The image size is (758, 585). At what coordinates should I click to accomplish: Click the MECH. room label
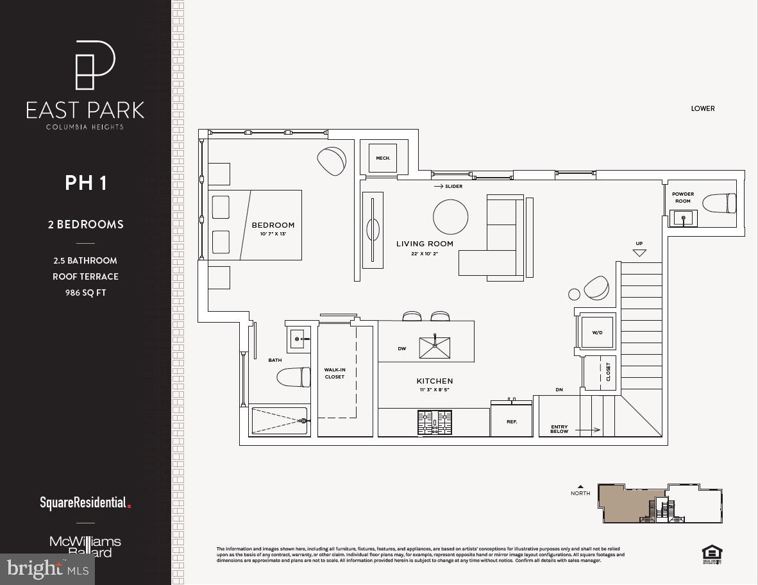pyautogui.click(x=383, y=158)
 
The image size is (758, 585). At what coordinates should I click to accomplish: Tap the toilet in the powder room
pyautogui.click(x=720, y=203)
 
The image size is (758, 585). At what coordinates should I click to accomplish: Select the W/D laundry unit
pyautogui.click(x=596, y=332)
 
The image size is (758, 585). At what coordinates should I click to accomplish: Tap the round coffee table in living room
pyautogui.click(x=450, y=217)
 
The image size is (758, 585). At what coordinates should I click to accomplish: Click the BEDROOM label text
pyautogui.click(x=273, y=225)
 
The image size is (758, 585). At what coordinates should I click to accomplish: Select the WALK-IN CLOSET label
pyautogui.click(x=334, y=373)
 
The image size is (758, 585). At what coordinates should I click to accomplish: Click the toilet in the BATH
pyautogui.click(x=294, y=377)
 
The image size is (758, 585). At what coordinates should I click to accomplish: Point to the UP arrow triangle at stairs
pyautogui.click(x=639, y=253)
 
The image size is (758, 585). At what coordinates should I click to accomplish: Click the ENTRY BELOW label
pyautogui.click(x=559, y=429)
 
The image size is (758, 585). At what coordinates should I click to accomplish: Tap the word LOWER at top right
pyautogui.click(x=702, y=108)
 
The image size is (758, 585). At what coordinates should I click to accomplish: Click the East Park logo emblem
pyautogui.click(x=95, y=65)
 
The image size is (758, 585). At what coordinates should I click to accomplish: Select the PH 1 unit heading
pyautogui.click(x=85, y=183)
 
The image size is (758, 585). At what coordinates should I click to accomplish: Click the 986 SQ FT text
pyautogui.click(x=85, y=292)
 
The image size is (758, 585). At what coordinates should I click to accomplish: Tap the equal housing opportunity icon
pyautogui.click(x=712, y=553)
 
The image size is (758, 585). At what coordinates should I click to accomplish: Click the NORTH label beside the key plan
pyautogui.click(x=580, y=493)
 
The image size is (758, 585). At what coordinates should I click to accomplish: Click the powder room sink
pyautogui.click(x=684, y=218)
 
